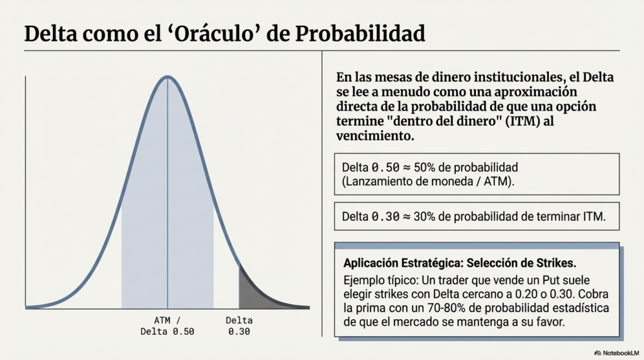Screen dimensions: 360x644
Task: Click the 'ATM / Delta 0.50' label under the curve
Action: click(167, 325)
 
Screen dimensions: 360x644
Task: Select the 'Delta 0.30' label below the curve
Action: click(239, 325)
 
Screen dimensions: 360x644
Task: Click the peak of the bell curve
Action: click(167, 77)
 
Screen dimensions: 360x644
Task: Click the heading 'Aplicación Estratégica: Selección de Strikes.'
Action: click(460, 262)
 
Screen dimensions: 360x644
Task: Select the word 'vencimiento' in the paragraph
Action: click(374, 135)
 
